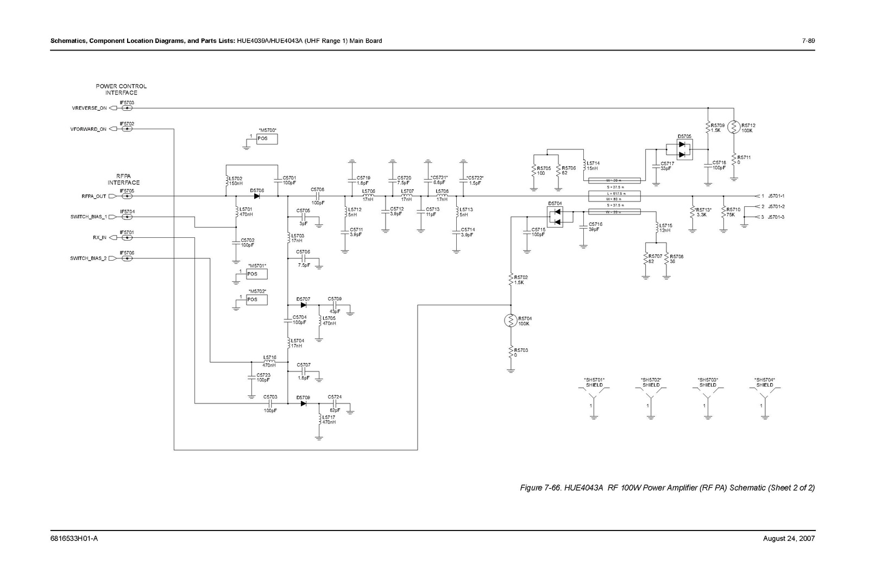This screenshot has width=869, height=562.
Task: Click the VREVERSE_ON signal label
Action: (89, 108)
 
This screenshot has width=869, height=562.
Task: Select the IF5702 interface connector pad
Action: (127, 129)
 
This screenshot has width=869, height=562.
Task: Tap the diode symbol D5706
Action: (256, 196)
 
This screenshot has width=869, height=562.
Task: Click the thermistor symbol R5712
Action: (733, 128)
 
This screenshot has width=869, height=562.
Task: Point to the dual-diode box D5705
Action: (684, 149)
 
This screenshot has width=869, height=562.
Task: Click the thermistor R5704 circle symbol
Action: (511, 321)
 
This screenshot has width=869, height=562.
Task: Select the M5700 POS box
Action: (266, 138)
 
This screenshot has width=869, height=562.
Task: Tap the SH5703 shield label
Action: (707, 382)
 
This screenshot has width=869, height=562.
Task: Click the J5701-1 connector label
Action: (777, 196)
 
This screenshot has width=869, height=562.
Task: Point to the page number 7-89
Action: (808, 41)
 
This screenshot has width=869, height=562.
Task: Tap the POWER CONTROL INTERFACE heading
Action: (121, 90)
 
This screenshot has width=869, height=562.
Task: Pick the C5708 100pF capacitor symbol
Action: (317, 196)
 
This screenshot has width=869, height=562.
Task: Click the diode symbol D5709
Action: (303, 403)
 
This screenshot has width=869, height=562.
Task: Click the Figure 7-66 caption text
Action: (668, 488)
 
